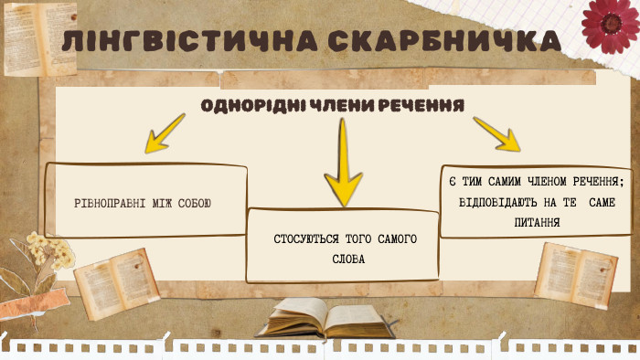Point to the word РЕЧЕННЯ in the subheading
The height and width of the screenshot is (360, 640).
423,105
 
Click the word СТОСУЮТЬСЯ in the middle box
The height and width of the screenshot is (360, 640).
305,239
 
